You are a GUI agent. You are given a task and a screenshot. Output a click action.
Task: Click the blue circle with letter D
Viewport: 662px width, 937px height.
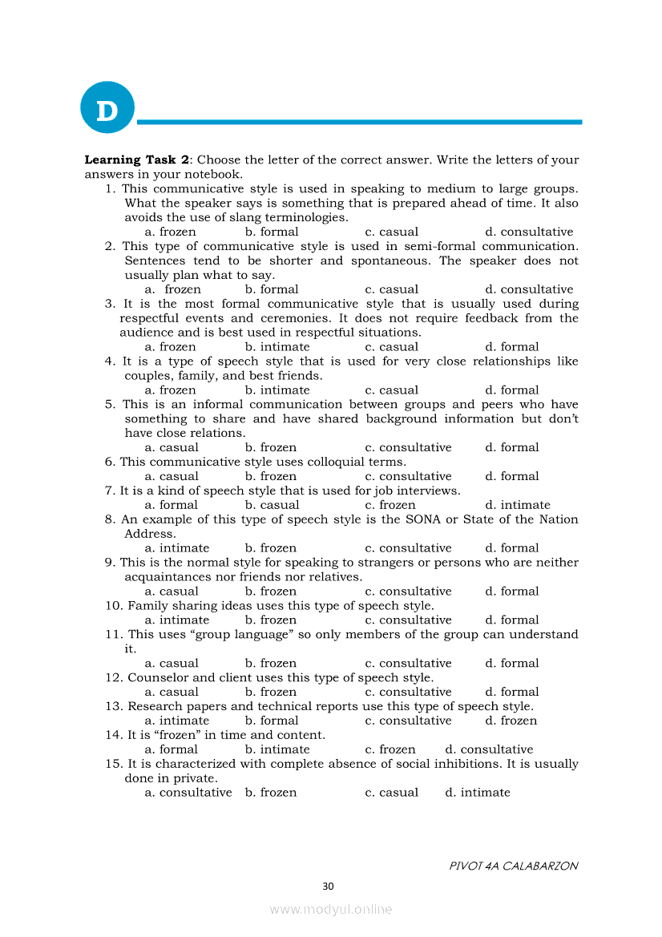[107, 107]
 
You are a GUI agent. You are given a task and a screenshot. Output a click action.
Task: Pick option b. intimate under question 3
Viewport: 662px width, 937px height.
[277, 348]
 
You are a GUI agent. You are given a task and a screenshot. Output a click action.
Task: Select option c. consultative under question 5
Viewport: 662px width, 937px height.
[407, 448]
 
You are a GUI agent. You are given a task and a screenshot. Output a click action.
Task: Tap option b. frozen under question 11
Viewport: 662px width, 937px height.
[270, 664]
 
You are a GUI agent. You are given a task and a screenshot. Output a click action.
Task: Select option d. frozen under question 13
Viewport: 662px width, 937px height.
[511, 721]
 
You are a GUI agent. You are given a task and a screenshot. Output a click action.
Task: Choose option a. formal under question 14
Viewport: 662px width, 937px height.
[171, 750]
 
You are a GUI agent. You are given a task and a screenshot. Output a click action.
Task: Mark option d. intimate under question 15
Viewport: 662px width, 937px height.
[477, 794]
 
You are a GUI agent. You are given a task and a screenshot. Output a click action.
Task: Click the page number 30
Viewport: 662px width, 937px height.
[328, 887]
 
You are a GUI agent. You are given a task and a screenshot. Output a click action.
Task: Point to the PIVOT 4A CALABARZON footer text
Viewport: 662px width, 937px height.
[513, 866]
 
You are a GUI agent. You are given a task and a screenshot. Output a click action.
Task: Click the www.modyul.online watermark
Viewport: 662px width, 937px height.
[330, 910]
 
